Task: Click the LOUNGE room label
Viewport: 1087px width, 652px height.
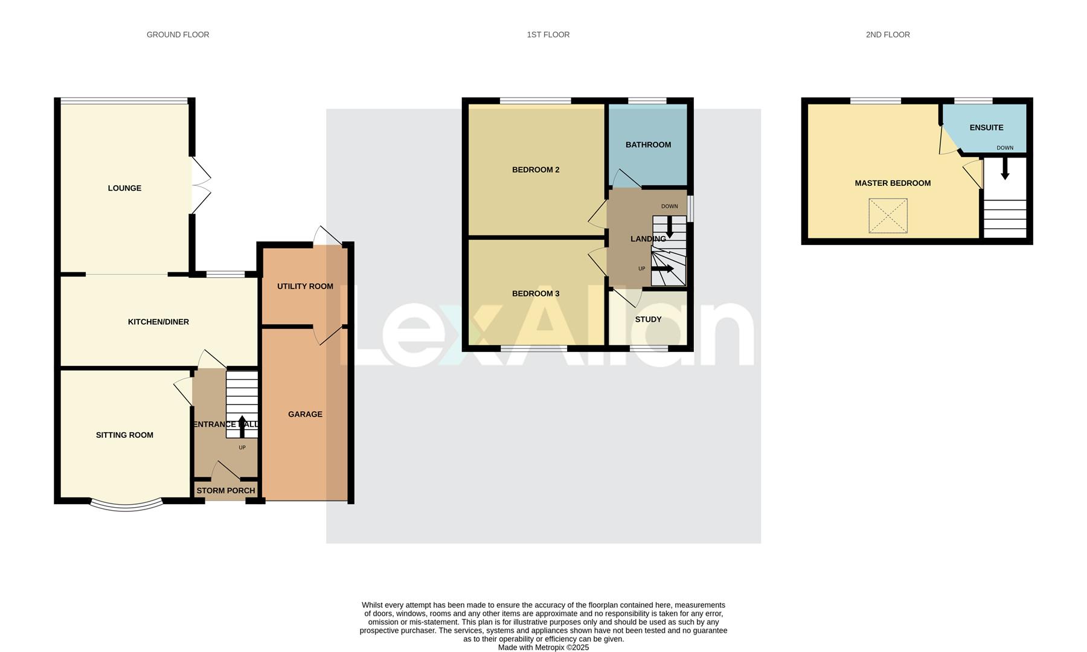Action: (124, 188)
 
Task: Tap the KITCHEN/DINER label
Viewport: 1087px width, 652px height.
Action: (158, 322)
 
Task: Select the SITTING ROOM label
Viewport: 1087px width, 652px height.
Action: (124, 435)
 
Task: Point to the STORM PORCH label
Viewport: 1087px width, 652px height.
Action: (226, 491)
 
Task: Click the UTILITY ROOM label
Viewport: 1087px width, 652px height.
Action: (305, 287)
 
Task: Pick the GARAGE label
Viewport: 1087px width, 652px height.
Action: (305, 415)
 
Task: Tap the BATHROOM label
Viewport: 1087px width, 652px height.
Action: (648, 145)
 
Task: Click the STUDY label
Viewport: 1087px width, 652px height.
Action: (648, 320)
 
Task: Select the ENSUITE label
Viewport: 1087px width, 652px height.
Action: (986, 128)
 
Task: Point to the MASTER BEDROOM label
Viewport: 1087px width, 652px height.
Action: (893, 184)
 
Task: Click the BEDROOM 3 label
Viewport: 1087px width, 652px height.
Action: (536, 294)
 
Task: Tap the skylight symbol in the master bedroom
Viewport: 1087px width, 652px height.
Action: (888, 216)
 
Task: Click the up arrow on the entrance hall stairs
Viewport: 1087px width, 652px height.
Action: (242, 425)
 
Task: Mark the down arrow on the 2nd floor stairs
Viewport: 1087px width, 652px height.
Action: (1005, 170)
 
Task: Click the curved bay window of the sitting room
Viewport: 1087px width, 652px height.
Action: (126, 506)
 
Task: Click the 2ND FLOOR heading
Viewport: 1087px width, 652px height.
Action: (888, 35)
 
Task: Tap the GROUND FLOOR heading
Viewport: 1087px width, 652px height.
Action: (178, 35)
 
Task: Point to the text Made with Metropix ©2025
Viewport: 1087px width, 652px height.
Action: (543, 648)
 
